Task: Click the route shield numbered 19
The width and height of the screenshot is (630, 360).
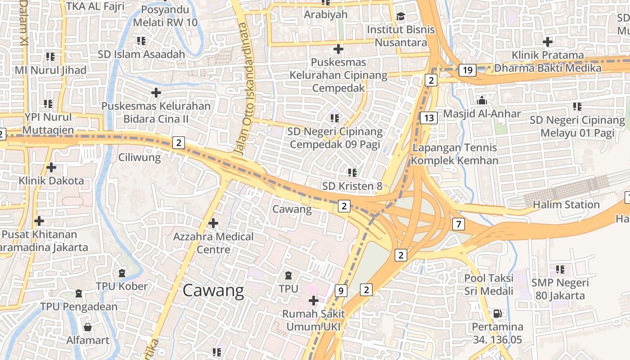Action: coord(468,70)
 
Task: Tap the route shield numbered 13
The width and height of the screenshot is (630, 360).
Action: coord(429,118)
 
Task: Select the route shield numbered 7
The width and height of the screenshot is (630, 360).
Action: coord(458,224)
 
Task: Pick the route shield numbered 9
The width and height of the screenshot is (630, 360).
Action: coord(341,291)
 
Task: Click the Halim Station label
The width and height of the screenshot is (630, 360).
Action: coord(566,205)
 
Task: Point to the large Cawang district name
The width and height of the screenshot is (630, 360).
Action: coord(213,291)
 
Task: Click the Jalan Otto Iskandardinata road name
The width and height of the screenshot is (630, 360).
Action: coord(246,90)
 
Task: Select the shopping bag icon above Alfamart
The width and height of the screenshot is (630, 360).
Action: coord(88,327)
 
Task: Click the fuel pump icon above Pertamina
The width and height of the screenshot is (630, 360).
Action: coord(497,313)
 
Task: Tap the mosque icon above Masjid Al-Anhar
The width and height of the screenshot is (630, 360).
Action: coord(482,100)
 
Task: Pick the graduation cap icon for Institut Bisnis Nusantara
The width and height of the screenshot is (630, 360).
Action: coord(400,17)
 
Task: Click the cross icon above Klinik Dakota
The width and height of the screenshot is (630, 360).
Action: coord(51,167)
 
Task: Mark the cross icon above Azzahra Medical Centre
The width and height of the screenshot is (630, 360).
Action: coord(213,223)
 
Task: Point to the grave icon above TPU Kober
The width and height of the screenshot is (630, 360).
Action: coord(121,273)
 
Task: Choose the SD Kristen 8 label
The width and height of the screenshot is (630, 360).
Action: coord(352,186)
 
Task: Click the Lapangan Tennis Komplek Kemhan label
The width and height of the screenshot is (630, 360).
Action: coord(454,154)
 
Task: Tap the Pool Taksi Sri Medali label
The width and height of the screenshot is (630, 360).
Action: coord(489,284)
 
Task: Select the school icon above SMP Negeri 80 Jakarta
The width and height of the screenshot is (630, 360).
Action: coord(560,270)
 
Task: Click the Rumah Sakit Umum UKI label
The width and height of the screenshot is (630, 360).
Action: coord(313,320)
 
